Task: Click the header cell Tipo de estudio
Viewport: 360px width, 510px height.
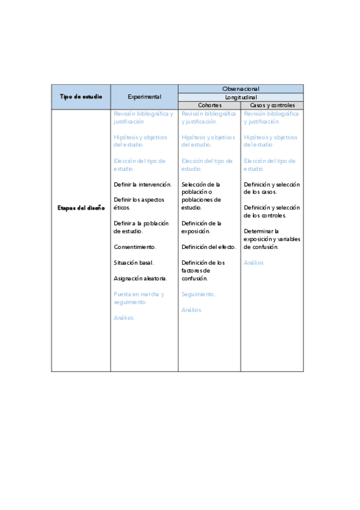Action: [81, 96]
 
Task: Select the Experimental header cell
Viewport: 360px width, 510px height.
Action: [144, 96]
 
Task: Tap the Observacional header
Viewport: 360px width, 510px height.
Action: [240, 88]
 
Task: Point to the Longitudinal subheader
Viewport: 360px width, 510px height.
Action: [240, 97]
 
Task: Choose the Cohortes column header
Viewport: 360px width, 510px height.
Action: [209, 105]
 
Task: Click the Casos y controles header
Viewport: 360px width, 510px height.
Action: [272, 105]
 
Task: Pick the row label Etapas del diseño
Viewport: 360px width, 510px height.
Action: [81, 207]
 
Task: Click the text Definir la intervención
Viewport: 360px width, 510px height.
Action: [142, 184]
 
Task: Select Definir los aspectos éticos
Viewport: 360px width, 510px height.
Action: [139, 203]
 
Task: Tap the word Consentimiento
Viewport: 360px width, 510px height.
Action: [135, 247]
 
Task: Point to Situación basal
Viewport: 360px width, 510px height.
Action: [133, 262]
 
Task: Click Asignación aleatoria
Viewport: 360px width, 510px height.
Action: [140, 278]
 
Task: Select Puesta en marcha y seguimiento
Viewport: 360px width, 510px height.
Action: [138, 298]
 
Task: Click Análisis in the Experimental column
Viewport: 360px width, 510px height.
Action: [124, 318]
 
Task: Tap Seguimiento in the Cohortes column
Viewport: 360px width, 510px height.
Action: [198, 294]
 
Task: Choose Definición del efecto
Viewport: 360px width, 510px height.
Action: [209, 247]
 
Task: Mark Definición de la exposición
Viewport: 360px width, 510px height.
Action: [201, 227]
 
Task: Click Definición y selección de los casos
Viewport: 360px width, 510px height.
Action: [271, 188]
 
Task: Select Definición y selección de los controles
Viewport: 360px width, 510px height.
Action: [271, 211]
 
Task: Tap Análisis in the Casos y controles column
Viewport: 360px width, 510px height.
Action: [254, 262]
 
